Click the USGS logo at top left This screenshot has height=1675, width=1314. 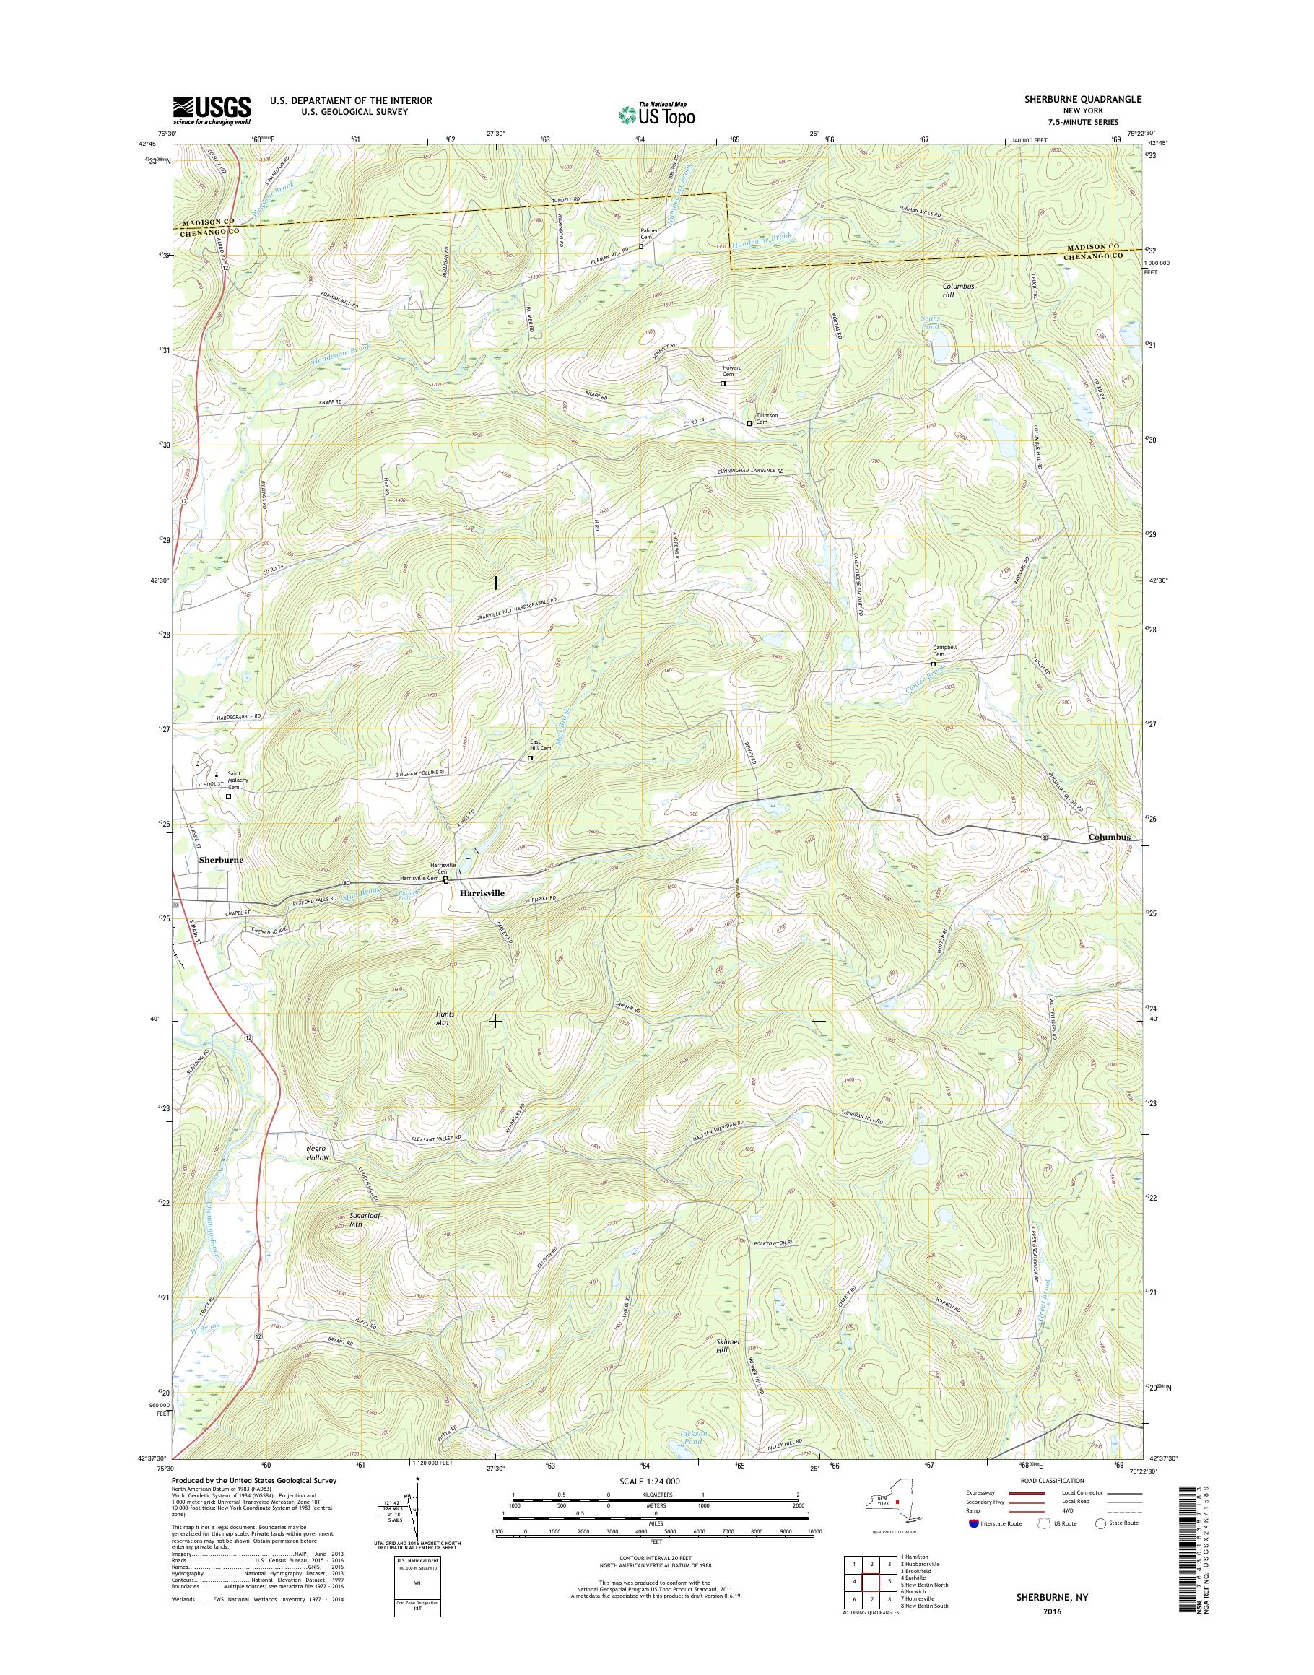tap(212, 110)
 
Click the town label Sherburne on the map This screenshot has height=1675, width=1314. tap(221, 860)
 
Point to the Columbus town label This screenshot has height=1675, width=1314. tap(1108, 837)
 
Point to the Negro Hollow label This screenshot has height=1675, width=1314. tap(317, 1152)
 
